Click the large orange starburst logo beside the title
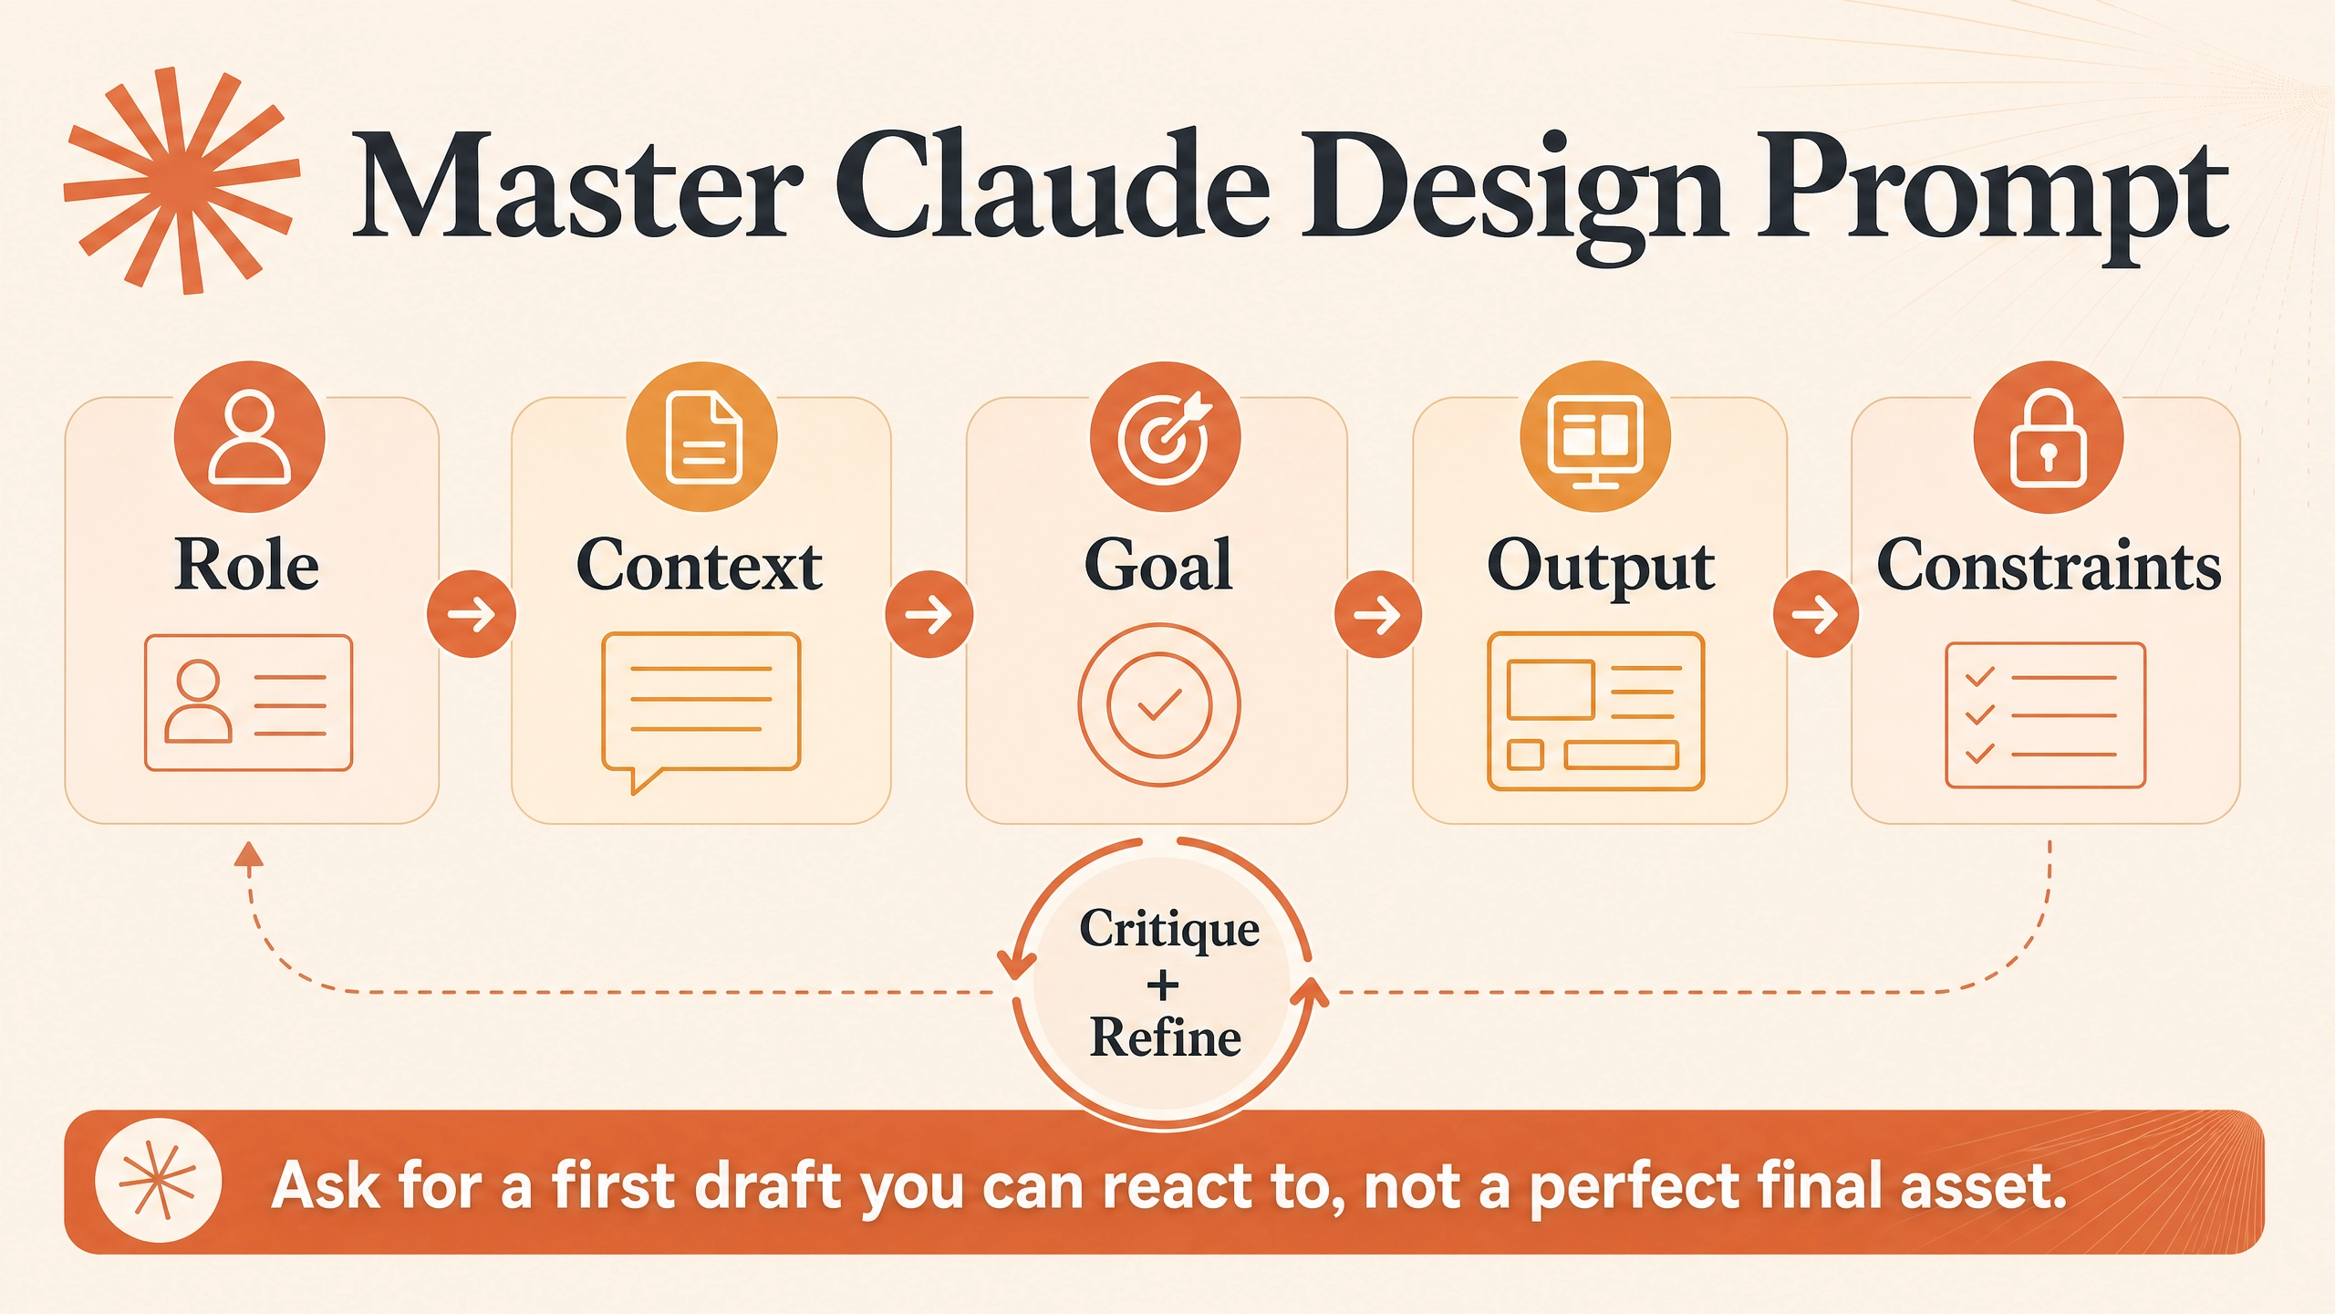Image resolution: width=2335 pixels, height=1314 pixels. [182, 181]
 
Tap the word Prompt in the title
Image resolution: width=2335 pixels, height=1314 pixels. [1992, 197]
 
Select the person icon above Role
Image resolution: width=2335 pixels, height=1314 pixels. [249, 436]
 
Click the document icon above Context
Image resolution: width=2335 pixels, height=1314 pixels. [702, 436]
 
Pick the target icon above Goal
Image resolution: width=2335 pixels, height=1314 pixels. [1165, 436]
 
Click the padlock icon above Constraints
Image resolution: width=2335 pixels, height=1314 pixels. [2049, 436]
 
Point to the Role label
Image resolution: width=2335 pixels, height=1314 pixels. [246, 565]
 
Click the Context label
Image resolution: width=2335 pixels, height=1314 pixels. [700, 565]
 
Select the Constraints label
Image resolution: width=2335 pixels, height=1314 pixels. [2049, 565]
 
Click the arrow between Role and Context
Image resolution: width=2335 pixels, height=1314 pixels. [472, 614]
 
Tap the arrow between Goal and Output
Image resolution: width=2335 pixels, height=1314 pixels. [1378, 614]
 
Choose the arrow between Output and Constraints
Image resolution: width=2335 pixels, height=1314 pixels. [1816, 614]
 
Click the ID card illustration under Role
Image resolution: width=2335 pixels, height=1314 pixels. [248, 703]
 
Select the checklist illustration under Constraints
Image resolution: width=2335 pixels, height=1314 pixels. [2045, 715]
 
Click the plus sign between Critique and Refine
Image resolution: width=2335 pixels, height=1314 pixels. [1163, 985]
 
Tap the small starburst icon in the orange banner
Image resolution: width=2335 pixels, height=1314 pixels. [158, 1181]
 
